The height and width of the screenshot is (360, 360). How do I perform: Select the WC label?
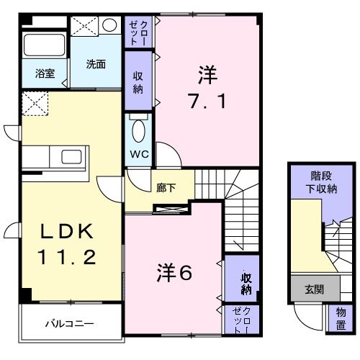[138, 153]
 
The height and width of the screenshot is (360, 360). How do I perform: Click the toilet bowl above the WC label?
[139, 131]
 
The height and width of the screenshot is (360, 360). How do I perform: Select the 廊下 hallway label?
[166, 189]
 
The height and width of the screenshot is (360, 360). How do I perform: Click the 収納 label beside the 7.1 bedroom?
[138, 84]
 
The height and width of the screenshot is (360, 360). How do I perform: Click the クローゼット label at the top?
[138, 32]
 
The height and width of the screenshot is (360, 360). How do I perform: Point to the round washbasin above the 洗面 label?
[109, 26]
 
